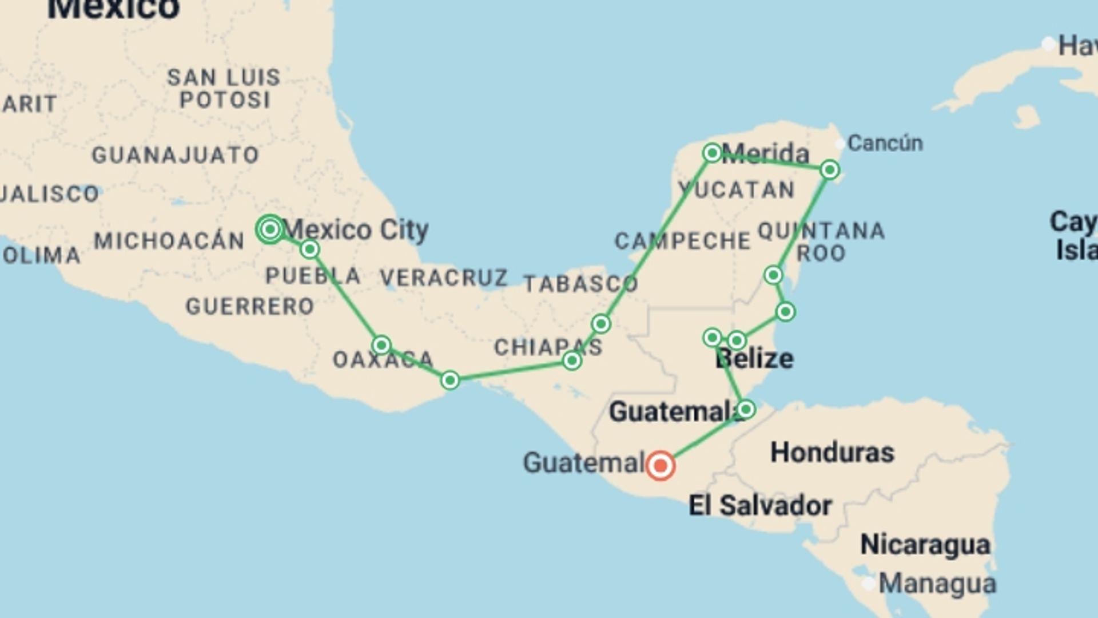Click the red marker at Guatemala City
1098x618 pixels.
pyautogui.click(x=660, y=465)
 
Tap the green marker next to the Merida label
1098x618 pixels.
pyautogui.click(x=712, y=153)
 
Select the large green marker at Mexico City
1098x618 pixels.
pyautogui.click(x=270, y=229)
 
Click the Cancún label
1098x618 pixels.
pyautogui.click(x=885, y=143)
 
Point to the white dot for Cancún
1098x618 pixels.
pyautogui.click(x=840, y=144)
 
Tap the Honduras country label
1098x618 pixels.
pyautogui.click(x=832, y=453)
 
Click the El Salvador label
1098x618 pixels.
pyautogui.click(x=760, y=506)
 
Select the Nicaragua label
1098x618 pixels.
pyautogui.click(x=925, y=544)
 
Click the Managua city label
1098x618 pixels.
pyautogui.click(x=937, y=584)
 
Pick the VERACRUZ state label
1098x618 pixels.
pyautogui.click(x=444, y=278)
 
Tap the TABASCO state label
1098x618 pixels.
pyautogui.click(x=580, y=284)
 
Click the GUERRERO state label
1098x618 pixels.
pyautogui.click(x=250, y=307)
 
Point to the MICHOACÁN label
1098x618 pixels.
pyautogui.click(x=169, y=241)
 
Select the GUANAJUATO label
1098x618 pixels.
pyautogui.click(x=176, y=155)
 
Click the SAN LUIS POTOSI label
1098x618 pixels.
pyautogui.click(x=224, y=89)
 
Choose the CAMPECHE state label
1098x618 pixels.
pyautogui.click(x=682, y=241)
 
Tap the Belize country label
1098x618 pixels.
pyautogui.click(x=754, y=359)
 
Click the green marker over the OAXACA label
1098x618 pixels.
pyautogui.click(x=381, y=345)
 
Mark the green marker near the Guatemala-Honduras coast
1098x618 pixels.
pyautogui.click(x=746, y=409)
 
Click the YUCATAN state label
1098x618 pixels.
pyautogui.click(x=737, y=190)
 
